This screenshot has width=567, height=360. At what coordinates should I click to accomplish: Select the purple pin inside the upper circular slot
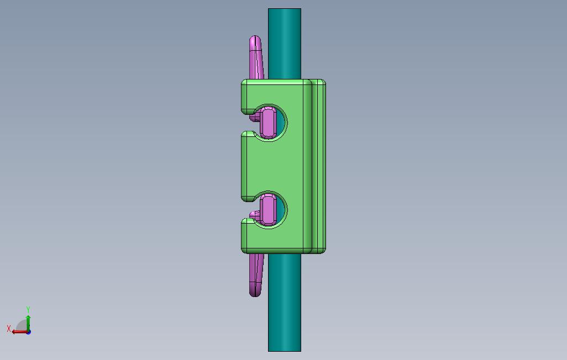coord(269,123)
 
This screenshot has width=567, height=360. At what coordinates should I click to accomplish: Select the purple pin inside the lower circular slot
coord(269,210)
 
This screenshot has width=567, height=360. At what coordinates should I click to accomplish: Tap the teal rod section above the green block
coord(285,44)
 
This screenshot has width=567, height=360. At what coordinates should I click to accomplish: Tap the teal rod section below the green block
coord(285,302)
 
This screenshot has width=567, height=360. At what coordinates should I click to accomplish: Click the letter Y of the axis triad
coord(28,310)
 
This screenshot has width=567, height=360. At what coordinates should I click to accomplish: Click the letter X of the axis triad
coord(9,329)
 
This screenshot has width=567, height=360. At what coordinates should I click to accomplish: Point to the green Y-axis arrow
coord(28,323)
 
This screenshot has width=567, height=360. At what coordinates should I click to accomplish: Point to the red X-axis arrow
coord(20,332)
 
